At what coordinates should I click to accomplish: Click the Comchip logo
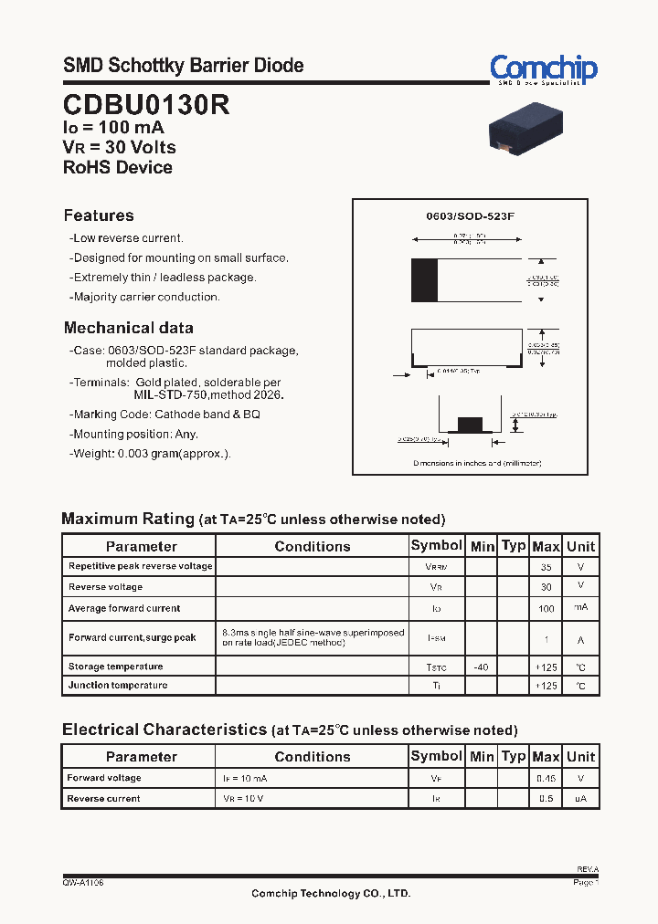543,69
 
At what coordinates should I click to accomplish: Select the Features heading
99,215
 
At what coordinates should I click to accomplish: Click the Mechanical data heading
128,328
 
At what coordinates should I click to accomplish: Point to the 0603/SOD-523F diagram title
471,217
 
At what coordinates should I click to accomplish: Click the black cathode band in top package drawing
424,280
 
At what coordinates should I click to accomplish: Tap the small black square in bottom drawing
469,424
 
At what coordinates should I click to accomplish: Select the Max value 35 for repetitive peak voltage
546,567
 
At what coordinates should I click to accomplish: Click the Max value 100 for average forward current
546,608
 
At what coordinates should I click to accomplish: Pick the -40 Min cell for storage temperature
481,667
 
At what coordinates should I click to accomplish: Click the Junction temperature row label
118,686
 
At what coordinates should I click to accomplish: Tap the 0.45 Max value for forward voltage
546,779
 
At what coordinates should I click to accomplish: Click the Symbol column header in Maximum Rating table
436,545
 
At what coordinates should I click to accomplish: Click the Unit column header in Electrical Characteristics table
580,756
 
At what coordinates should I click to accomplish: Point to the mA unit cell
580,608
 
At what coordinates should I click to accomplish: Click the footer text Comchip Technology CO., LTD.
331,894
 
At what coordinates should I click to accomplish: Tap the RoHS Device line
118,167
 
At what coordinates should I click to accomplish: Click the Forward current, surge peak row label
132,638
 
